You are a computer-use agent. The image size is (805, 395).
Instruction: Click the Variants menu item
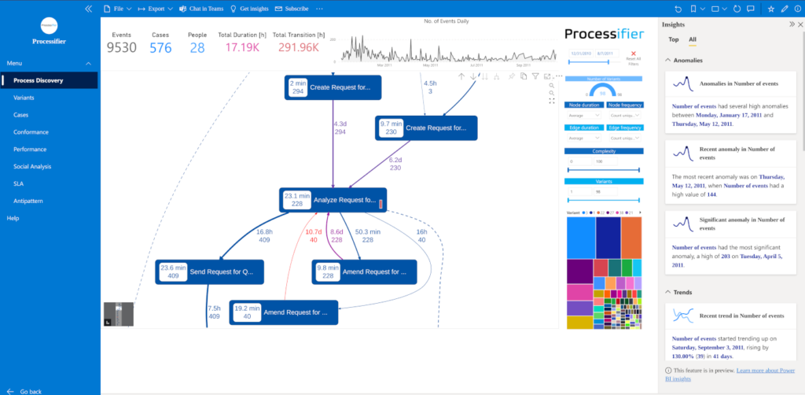(x=24, y=98)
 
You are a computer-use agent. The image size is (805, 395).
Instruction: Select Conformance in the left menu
(x=31, y=132)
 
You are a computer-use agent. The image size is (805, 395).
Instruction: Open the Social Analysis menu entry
(x=32, y=166)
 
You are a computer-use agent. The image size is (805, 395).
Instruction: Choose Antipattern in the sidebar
(x=28, y=201)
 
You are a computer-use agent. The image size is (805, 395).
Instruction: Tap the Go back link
(x=30, y=390)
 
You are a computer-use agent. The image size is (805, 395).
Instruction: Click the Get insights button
(x=248, y=9)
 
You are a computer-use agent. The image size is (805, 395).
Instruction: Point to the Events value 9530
(x=122, y=47)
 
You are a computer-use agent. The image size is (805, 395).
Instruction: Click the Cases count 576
(x=160, y=47)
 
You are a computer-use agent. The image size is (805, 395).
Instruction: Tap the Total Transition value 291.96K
(x=300, y=47)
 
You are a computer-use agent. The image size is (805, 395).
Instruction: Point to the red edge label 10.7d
(x=314, y=232)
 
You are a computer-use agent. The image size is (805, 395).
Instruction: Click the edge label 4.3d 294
(x=340, y=128)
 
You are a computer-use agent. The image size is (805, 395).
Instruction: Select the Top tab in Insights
(x=674, y=39)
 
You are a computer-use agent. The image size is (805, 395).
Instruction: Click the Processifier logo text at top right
(x=604, y=35)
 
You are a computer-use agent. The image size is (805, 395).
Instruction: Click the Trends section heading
(x=682, y=292)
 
